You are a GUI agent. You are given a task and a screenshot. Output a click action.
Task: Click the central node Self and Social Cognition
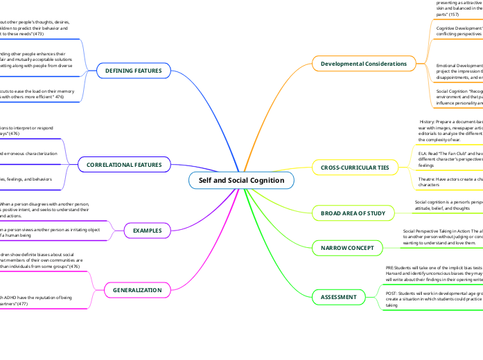241,180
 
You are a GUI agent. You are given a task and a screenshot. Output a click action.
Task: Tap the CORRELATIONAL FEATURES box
124,165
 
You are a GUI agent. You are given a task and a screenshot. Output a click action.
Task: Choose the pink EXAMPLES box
147,230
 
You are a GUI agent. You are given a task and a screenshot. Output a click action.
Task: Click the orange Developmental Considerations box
364,64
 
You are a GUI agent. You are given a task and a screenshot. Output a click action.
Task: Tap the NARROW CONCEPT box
348,247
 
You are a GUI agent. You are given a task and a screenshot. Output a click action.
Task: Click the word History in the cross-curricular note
428,121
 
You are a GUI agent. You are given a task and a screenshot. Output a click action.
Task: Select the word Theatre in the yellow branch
426,179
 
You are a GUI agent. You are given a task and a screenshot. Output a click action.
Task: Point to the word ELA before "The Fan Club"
422,153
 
